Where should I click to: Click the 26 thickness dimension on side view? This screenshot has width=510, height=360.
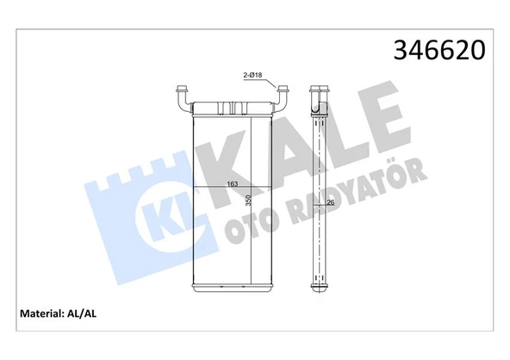tap(329, 203)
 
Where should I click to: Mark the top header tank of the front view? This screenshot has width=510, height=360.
tap(232, 107)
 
